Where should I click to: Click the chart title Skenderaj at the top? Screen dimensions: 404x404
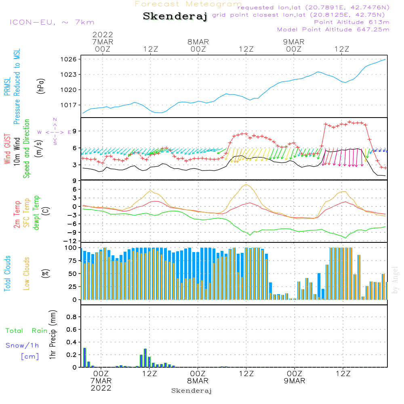click(175, 16)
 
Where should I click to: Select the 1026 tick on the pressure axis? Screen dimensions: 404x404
click(69, 59)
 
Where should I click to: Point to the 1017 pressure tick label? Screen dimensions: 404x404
click(69, 105)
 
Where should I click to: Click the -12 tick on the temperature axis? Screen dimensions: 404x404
click(70, 241)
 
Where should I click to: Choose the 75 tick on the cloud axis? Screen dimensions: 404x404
click(72, 261)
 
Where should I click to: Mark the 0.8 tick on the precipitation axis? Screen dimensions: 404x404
click(72, 317)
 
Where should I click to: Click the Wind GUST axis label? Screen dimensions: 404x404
click(7, 149)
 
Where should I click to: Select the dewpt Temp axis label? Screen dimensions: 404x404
click(36, 213)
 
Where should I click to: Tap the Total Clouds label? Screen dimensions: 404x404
click(7, 274)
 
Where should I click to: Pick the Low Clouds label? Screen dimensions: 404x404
click(27, 274)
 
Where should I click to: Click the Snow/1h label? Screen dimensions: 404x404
click(22, 345)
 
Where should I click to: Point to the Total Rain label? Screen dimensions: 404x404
click(27, 331)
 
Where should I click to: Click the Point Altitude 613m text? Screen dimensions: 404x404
click(352, 22)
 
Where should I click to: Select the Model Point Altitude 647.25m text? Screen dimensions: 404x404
click(333, 29)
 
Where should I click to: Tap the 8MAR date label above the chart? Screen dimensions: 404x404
click(198, 42)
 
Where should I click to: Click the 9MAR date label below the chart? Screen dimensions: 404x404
click(295, 381)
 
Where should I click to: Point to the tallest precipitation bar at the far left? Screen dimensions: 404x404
click(84, 358)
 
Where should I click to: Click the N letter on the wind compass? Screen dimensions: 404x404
click(55, 120)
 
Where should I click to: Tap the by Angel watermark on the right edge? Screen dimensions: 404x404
click(395, 280)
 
